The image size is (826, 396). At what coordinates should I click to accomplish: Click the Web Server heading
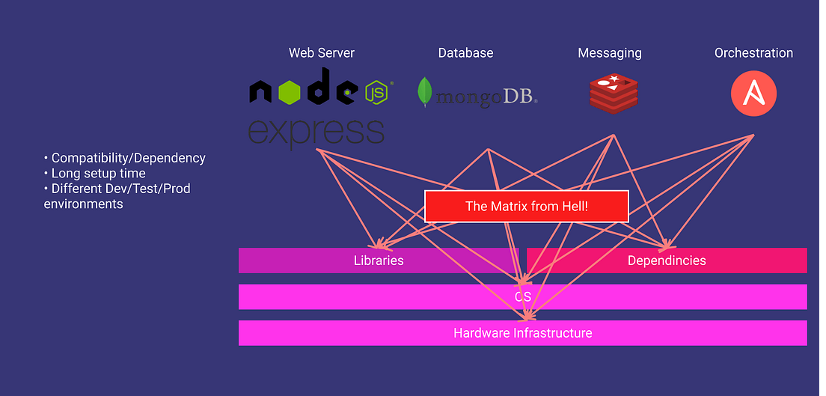(322, 53)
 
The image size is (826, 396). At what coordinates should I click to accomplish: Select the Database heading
(465, 53)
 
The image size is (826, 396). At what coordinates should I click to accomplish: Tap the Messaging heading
(610, 53)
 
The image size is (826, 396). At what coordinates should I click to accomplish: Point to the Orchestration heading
(753, 53)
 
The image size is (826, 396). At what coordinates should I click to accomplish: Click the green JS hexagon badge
(377, 92)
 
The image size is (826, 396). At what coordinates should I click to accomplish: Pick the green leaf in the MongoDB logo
(426, 92)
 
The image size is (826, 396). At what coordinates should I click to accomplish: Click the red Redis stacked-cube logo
(614, 94)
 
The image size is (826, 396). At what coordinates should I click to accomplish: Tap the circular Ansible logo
(753, 94)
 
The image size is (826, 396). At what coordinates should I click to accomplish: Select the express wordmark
(316, 132)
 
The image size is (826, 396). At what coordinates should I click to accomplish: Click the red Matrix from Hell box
(527, 207)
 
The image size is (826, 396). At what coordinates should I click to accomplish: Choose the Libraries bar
(379, 261)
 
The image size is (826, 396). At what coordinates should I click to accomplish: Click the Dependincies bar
(667, 261)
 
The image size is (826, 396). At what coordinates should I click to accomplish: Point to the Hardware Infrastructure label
(522, 333)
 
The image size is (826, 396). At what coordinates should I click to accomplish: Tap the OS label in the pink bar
(522, 297)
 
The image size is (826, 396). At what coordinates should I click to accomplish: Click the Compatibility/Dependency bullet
(125, 158)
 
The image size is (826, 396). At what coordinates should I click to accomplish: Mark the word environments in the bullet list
(83, 204)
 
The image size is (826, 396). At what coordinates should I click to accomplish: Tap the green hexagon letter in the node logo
(288, 91)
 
